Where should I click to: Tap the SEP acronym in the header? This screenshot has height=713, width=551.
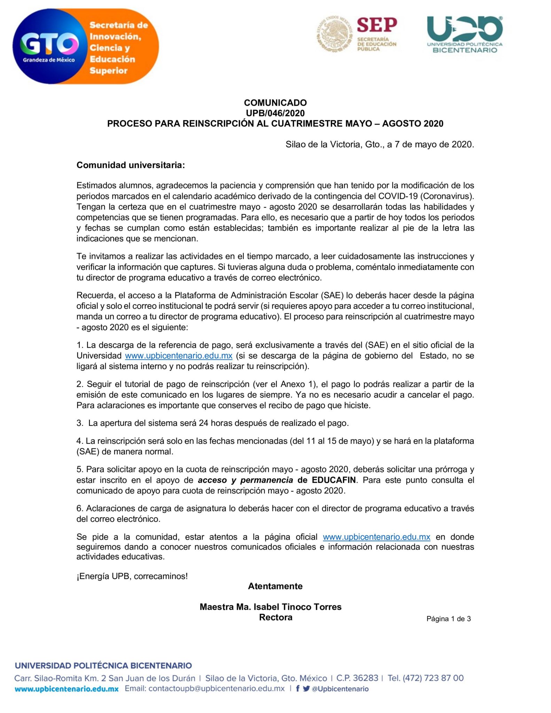pos(377,25)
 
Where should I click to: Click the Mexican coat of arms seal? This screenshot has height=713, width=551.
pos(334,34)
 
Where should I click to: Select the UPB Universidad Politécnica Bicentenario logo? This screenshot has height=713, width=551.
pos(465,34)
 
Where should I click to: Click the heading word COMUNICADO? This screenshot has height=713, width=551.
pos(275,103)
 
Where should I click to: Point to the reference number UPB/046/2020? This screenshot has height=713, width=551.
pos(275,113)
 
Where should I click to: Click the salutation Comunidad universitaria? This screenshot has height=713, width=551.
pos(131,165)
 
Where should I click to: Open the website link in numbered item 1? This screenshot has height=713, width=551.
pos(179,356)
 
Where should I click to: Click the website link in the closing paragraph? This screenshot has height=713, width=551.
pos(376,537)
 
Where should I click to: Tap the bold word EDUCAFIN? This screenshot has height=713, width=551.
pos(334,480)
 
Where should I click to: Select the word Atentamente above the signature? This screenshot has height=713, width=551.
pos(275,586)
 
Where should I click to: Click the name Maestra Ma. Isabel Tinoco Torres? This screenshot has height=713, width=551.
pos(270,607)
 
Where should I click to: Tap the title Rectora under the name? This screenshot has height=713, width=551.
pos(275,618)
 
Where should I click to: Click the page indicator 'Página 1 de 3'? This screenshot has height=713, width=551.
pos(448,619)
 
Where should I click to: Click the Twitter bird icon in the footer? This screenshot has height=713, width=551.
pos(306,689)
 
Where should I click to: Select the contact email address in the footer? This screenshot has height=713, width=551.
pos(217,689)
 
